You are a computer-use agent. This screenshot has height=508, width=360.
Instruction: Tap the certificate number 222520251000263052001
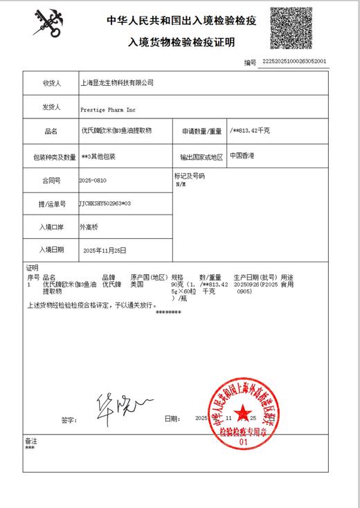click(x=293, y=62)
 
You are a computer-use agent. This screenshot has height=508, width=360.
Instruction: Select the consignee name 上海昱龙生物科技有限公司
click(x=116, y=83)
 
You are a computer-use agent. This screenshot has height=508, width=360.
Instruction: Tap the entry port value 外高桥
click(x=90, y=227)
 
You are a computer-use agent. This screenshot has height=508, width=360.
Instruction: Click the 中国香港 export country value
click(x=242, y=156)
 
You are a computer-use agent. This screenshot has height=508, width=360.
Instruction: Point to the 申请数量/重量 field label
click(x=201, y=130)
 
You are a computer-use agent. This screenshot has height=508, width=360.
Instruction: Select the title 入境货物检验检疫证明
click(x=181, y=43)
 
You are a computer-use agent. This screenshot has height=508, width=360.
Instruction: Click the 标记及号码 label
click(x=190, y=176)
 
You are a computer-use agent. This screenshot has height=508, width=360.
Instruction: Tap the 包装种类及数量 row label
click(x=49, y=156)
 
